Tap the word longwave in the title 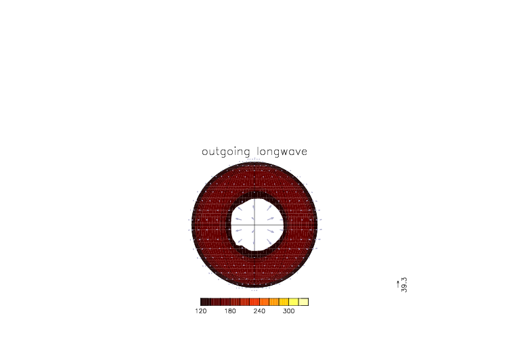coord(282,152)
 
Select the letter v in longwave coord(298,152)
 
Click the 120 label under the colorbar coord(201,311)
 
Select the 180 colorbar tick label coord(230,311)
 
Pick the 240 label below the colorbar coord(259,311)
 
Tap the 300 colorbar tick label coord(288,311)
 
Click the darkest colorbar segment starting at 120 coord(206,302)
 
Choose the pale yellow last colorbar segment coord(303,302)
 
